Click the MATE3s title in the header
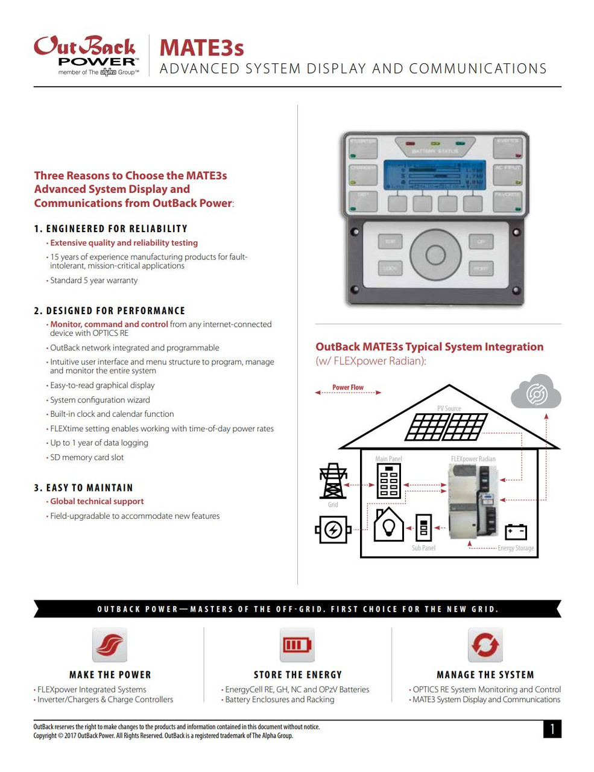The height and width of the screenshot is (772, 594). (x=201, y=48)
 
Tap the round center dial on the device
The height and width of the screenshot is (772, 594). (x=435, y=255)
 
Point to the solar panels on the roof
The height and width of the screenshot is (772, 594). (x=447, y=427)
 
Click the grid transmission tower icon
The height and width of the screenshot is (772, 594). (x=332, y=481)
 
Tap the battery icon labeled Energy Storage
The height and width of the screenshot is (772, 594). (x=516, y=531)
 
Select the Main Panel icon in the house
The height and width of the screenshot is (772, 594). (x=389, y=482)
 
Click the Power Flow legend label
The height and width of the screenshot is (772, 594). (x=348, y=388)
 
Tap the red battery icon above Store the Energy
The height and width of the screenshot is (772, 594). (x=297, y=645)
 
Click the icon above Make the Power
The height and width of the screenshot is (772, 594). (x=110, y=645)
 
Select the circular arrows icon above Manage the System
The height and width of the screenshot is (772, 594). (x=485, y=645)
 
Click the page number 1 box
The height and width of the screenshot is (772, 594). (x=552, y=729)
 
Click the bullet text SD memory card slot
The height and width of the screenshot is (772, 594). (x=87, y=457)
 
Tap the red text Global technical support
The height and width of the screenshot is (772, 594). (x=97, y=501)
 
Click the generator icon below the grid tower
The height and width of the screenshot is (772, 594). (x=333, y=530)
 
